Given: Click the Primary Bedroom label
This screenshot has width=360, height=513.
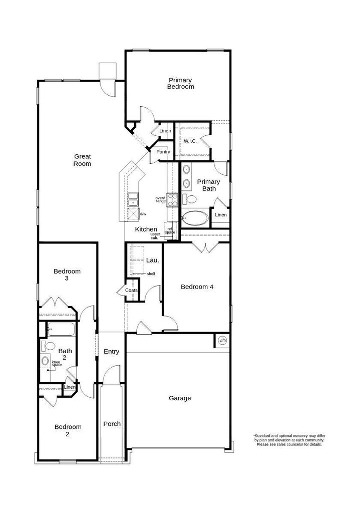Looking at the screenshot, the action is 180,84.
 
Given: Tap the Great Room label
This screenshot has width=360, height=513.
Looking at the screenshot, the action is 82,160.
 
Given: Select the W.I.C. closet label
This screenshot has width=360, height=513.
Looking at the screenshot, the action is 190,141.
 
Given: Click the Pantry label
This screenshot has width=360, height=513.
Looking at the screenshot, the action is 163,152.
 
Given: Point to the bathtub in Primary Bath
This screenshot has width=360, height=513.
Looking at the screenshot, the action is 195,218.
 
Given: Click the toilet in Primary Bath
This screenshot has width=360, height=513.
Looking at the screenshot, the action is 189,199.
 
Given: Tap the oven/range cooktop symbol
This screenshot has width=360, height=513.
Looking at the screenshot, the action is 172,200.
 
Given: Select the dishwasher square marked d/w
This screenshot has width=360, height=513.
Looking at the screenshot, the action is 133,213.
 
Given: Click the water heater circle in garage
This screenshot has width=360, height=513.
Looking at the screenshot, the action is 222,341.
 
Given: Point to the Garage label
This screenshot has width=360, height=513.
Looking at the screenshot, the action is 180,398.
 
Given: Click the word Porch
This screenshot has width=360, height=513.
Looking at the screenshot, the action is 112,424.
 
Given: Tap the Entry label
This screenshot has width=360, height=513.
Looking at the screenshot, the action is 112,352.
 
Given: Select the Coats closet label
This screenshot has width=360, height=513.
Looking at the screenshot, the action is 132,290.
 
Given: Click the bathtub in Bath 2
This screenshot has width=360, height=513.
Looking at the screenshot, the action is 61,329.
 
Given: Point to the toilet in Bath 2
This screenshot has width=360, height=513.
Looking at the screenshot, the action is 48,346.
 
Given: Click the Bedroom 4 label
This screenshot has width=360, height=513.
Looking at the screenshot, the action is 197,287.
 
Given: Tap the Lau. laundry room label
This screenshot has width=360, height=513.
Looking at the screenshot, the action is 152,261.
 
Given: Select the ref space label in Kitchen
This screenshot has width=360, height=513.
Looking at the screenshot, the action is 170,230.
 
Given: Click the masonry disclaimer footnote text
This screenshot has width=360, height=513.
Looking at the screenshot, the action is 289,440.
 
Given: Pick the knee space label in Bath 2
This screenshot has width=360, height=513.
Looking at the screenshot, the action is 57,364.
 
